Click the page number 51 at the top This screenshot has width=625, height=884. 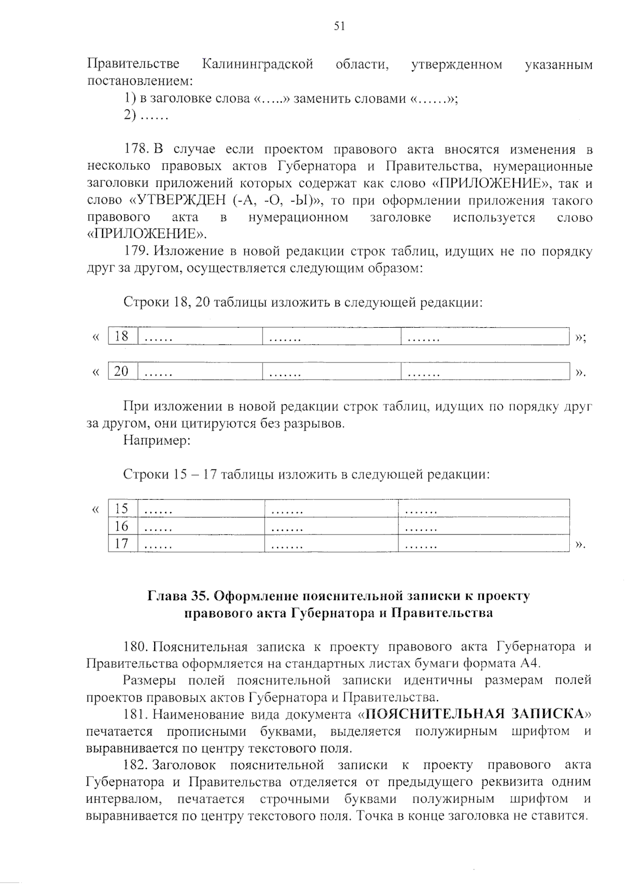tap(339, 27)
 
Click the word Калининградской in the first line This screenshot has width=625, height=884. tap(258, 65)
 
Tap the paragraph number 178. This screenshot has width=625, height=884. tap(137, 150)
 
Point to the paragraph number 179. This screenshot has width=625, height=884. tap(137, 252)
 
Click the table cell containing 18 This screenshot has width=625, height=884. tap(122, 336)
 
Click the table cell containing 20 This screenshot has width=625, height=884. tap(122, 371)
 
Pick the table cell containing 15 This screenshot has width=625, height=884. tap(122, 508)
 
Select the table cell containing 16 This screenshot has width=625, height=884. tap(122, 526)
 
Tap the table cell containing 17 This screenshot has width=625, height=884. tap(122, 544)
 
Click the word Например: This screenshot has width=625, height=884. tap(157, 441)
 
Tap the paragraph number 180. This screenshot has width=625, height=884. tap(137, 647)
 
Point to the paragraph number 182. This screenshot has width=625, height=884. tap(137, 765)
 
